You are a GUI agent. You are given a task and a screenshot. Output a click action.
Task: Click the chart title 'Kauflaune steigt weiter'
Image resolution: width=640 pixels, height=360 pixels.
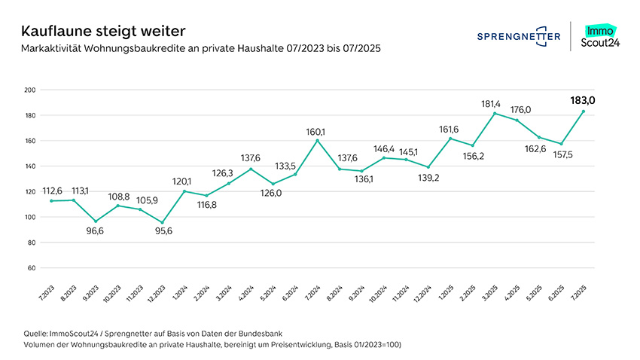tap(103, 32)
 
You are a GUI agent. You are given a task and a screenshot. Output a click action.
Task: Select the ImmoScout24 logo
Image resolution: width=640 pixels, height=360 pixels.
tap(599, 36)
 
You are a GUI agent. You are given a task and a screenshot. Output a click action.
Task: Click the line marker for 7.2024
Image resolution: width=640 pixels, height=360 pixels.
tap(317, 140)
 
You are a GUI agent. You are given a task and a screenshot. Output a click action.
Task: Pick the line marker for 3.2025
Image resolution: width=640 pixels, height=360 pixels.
tap(494, 113)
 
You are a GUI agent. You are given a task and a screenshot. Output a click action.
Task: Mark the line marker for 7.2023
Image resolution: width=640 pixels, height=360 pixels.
tap(51, 201)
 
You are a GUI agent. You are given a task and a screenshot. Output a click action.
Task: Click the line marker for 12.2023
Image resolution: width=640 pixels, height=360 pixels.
tap(162, 223)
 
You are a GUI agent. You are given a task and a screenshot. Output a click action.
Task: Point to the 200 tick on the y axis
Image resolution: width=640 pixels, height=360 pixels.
tap(31, 90)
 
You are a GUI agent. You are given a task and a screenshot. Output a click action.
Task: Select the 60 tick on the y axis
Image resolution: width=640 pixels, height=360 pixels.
tap(32, 267)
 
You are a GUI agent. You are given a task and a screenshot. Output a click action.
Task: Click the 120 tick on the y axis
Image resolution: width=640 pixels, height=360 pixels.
tap(31, 191)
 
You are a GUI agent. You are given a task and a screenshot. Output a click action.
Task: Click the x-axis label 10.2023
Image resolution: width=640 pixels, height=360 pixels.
tap(111, 293)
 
